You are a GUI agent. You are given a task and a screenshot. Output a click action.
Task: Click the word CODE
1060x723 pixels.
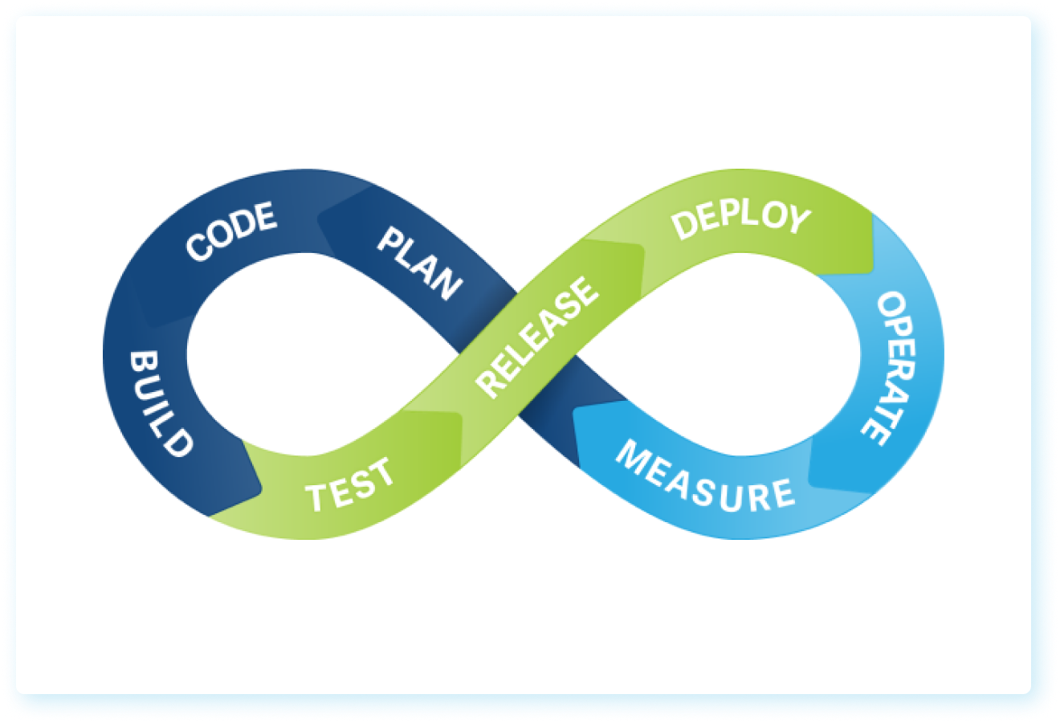231,232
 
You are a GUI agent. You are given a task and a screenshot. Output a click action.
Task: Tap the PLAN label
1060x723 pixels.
420,263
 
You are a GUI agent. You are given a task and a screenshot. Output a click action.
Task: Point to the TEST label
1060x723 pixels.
350,485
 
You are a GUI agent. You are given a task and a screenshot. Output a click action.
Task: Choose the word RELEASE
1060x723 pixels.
536,337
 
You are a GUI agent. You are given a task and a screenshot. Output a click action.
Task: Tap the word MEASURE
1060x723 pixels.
704,479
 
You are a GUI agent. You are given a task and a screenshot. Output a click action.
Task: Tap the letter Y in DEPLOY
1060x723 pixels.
795,219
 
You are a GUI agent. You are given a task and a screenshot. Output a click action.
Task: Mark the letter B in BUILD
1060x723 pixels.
144,362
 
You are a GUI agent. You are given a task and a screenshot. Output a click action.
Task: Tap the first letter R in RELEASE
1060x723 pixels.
489,383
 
